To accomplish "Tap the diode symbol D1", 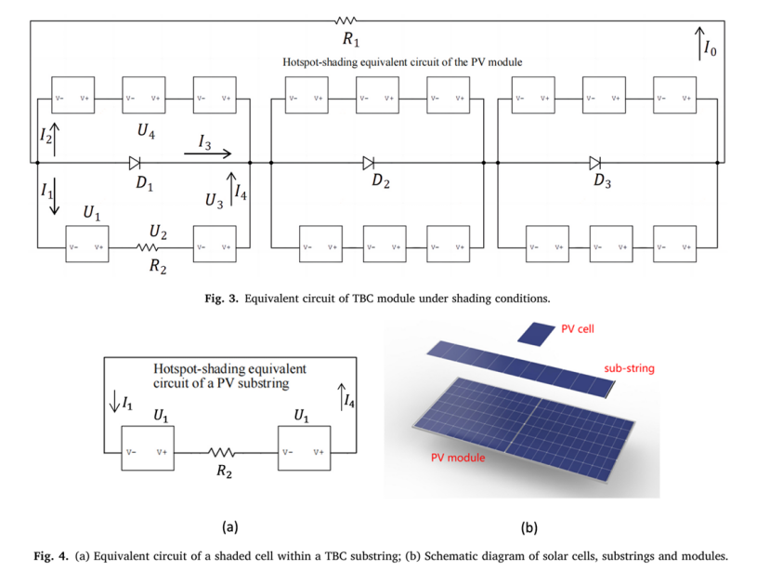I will (135, 162).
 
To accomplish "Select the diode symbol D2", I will (369, 162).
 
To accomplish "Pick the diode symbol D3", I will (594, 162).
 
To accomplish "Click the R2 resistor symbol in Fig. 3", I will (148, 247).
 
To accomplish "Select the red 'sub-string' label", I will (629, 368).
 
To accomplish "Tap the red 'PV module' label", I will (458, 458).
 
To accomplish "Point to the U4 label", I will (146, 132).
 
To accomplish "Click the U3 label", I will (215, 199).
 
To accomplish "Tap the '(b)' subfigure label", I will (529, 527).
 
